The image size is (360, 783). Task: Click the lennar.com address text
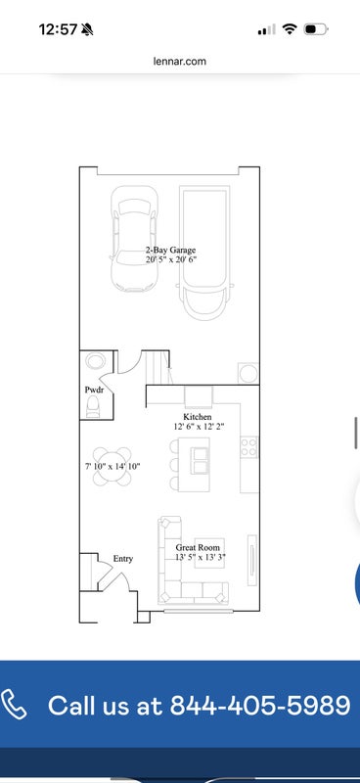179,62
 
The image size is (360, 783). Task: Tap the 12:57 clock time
58,29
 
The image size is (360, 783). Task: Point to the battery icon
316,29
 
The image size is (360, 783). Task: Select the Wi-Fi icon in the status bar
290,29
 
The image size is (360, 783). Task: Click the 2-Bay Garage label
171,251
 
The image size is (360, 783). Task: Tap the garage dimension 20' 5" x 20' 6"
171,259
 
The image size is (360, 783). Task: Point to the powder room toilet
93,406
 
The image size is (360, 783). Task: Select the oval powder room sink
95,360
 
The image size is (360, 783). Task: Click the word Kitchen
198,417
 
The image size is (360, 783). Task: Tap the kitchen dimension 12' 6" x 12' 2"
198,426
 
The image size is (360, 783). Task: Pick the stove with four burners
249,447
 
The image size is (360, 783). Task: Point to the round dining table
112,466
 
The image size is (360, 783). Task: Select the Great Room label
198,547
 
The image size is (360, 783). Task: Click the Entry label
123,559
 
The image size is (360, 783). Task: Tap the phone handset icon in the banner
14,704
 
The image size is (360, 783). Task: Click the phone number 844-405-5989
260,705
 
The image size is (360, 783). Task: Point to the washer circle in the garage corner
248,373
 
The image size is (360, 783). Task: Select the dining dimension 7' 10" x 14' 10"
112,466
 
